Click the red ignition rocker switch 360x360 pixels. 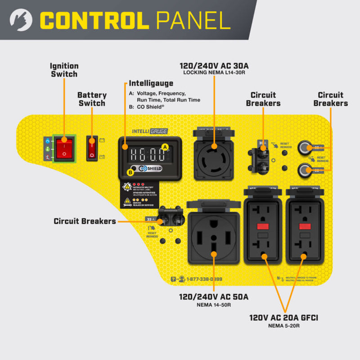[64, 147]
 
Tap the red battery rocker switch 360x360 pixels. [92, 148]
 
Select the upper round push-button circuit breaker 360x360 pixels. [306, 147]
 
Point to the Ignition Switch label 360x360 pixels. [64, 70]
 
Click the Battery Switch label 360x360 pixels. [92, 99]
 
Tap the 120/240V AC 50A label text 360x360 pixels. [214, 297]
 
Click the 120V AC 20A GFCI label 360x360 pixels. [284, 318]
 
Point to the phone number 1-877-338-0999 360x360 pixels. [204, 279]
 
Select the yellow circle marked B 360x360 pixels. [131, 171]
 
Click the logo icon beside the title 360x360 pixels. [21, 20]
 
